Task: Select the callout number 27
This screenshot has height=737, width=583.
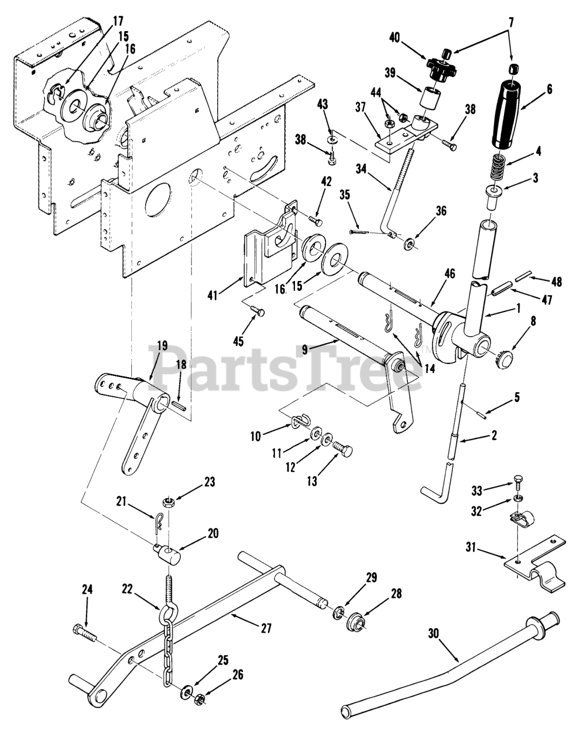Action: point(266,629)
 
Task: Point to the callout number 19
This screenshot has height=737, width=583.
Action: point(162,347)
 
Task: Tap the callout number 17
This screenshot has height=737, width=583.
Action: point(118,22)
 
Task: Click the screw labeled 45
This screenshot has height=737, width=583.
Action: point(258,312)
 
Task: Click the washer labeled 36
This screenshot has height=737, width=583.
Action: point(410,245)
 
